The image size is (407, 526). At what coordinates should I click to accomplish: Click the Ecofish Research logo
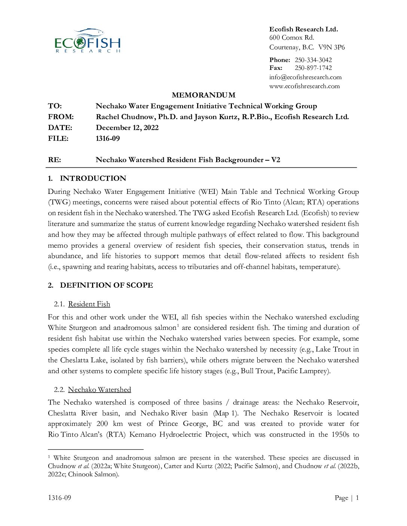click(x=88, y=41)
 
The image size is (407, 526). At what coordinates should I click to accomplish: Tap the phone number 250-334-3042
click(x=313, y=60)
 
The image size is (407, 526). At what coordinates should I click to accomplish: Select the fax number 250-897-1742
click(x=313, y=68)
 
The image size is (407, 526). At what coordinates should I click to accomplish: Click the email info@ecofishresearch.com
click(x=305, y=77)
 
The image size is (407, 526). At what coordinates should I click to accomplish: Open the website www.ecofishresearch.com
click(x=305, y=86)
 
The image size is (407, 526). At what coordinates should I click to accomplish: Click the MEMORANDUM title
click(x=203, y=95)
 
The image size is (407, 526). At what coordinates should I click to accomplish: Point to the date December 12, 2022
click(x=127, y=127)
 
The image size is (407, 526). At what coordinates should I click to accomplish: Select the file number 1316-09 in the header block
click(x=108, y=138)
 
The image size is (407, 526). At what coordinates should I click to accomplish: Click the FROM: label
click(x=61, y=117)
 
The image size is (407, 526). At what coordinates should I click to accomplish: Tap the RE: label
click(x=55, y=160)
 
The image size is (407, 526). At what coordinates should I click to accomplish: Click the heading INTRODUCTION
click(x=93, y=178)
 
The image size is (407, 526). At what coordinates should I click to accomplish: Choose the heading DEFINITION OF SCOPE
click(x=106, y=285)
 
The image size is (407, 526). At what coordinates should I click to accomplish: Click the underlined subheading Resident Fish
click(x=89, y=304)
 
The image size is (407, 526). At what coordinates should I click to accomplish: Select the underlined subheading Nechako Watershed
click(x=100, y=390)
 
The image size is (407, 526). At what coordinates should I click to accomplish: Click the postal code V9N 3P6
click(x=331, y=47)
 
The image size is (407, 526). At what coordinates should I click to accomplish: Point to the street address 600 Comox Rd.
click(x=292, y=37)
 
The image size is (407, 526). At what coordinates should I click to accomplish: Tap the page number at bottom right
click(x=357, y=498)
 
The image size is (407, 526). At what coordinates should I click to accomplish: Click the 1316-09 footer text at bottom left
click(x=59, y=498)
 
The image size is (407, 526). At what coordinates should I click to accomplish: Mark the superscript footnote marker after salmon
click(x=178, y=325)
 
